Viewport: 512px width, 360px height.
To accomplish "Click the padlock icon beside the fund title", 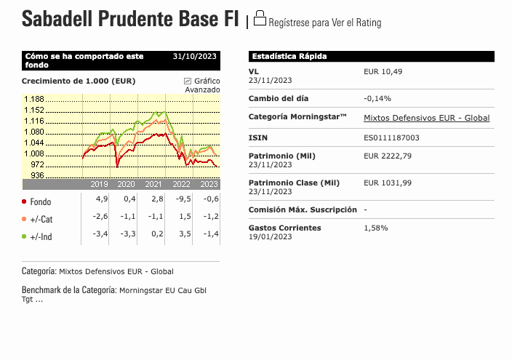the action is pos(260,18).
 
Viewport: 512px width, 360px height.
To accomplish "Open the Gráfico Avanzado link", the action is pos(202,85).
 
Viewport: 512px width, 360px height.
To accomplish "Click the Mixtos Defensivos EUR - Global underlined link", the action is pos(426,118).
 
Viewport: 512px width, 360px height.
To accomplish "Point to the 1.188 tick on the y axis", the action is pos(34,99).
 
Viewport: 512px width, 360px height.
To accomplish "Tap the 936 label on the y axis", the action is pos(37,175).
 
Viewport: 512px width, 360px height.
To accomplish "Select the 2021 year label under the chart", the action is pos(153,184).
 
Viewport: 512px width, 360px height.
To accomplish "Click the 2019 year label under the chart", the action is pos(99,184).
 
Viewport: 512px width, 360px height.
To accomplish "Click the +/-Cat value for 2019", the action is pos(100,216).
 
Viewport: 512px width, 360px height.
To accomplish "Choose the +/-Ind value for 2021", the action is pos(157,234).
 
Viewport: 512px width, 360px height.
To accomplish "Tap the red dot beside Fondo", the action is pos(24,201).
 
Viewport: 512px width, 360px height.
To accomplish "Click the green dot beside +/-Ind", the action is pos(24,236).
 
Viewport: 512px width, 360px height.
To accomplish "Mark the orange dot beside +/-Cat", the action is pos(24,219).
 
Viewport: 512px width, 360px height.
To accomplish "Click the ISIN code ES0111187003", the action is pos(391,137).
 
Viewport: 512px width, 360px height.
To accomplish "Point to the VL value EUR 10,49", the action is pos(383,71).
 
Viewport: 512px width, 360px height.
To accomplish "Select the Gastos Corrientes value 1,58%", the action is pos(376,228).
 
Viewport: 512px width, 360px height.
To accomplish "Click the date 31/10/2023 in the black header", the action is pos(195,56).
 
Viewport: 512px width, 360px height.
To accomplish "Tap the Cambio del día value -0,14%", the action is pos(377,98).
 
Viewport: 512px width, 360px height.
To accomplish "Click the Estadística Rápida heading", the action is pos(289,56).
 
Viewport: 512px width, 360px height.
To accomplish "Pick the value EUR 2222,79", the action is pos(388,156).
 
